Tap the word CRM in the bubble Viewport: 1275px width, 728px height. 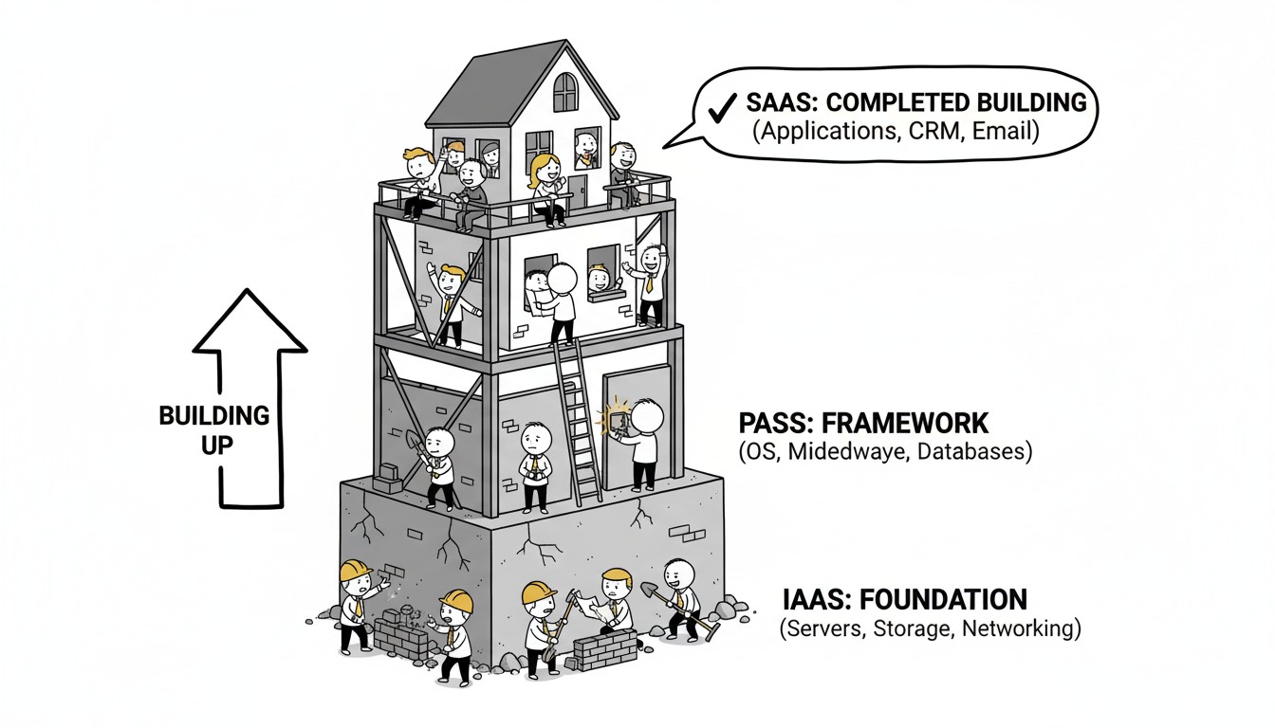935,133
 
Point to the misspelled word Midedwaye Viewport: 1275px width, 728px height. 836,452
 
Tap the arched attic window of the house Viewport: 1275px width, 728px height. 565,92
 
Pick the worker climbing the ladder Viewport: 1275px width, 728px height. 560,299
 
